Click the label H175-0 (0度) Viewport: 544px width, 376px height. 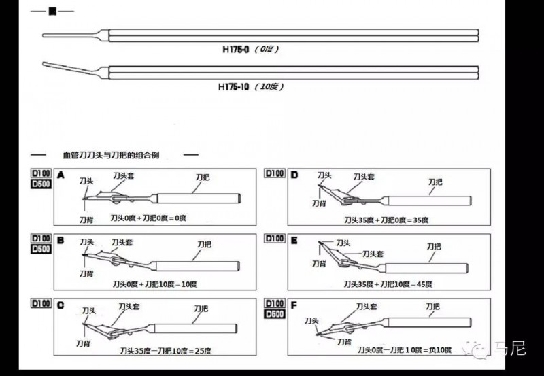click(251, 50)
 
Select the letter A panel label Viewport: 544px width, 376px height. click(61, 175)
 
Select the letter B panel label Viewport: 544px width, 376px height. click(61, 240)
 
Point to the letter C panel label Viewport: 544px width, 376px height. click(61, 305)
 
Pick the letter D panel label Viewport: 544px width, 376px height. click(294, 175)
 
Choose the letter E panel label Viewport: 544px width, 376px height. click(294, 239)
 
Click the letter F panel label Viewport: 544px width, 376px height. click(294, 305)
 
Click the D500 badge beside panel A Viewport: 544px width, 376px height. click(42, 184)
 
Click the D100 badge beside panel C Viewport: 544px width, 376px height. click(42, 303)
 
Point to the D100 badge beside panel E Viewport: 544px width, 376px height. click(275, 239)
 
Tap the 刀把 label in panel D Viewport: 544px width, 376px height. click(435, 182)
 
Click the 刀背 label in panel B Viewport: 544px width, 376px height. click(86, 273)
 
